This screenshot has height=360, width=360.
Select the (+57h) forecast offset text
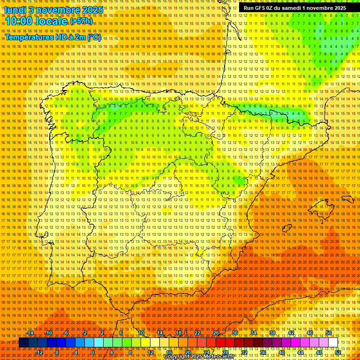[81, 21]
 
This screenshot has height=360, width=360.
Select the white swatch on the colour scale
[333, 343]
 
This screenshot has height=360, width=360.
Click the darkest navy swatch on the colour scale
[23, 343]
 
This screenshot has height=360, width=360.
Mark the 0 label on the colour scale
[93, 352]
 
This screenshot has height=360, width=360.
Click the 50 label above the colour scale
[329, 333]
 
